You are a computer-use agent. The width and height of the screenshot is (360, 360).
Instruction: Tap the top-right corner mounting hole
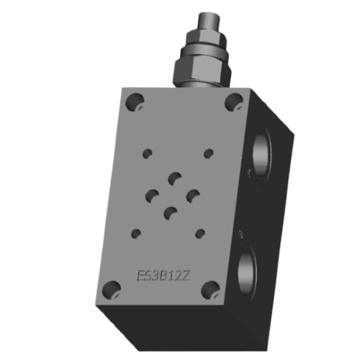233,102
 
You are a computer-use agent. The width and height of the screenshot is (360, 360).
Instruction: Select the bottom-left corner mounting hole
109,292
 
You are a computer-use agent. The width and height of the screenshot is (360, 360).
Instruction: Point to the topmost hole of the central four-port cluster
174,178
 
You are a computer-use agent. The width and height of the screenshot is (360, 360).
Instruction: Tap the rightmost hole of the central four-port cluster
192,194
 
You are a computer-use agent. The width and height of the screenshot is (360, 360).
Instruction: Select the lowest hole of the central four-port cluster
171,212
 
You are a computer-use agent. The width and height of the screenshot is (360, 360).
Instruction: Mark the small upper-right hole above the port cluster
209,153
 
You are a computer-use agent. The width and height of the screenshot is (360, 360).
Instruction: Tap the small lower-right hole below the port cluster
201,233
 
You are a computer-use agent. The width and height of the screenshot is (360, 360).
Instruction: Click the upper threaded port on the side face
261,153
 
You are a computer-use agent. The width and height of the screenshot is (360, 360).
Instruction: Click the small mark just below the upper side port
248,174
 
